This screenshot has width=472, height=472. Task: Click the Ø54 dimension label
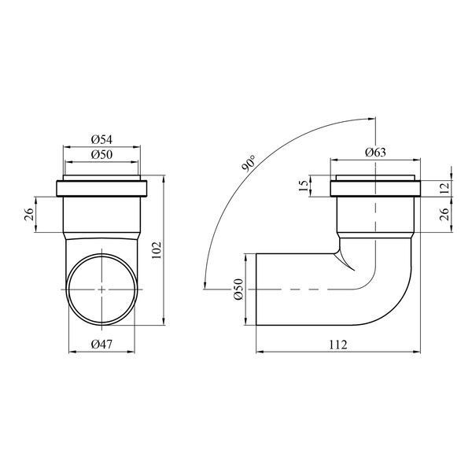[x=101, y=140]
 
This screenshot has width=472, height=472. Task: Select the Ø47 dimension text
[x=101, y=345]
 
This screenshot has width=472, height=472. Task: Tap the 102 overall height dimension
[x=157, y=250]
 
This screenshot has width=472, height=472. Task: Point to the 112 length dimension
[x=337, y=345]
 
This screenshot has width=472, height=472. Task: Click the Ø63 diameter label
[x=375, y=153]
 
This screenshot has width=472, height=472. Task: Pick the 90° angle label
[x=249, y=164]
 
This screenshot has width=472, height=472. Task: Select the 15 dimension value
[x=304, y=186]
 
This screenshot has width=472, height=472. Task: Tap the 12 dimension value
[x=445, y=188]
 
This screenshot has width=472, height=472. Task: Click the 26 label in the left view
[x=29, y=215]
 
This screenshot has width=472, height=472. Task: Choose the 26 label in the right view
[x=445, y=214]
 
